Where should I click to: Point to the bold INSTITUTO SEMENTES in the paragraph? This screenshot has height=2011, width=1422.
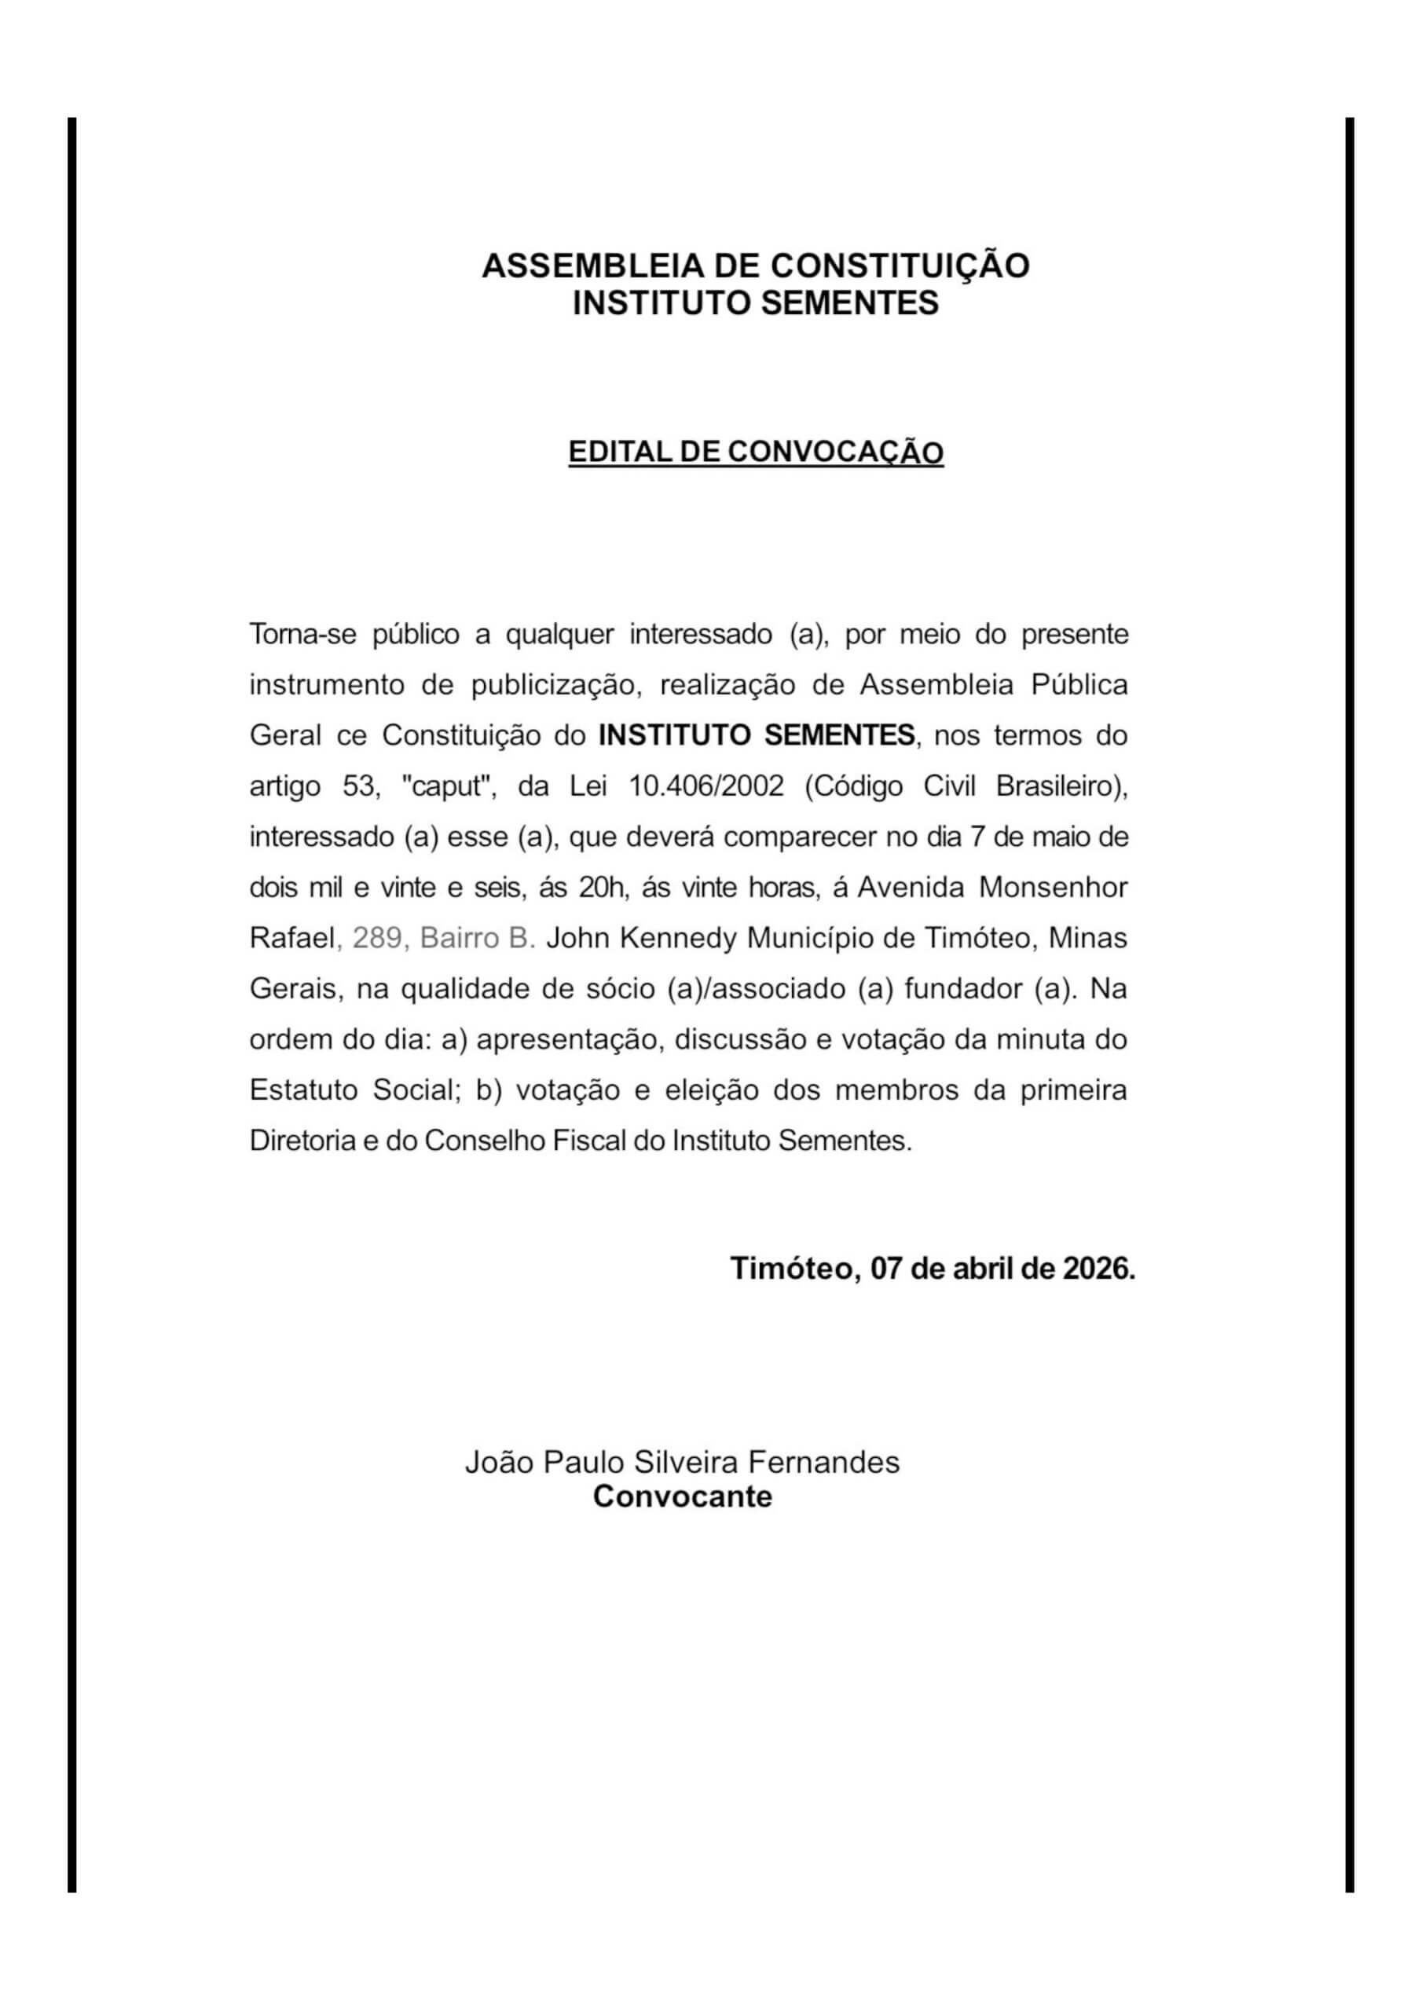756,734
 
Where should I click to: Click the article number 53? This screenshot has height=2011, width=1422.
358,786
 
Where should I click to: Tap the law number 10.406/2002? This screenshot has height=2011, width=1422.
706,786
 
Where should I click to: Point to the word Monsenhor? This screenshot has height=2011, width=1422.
1052,887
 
